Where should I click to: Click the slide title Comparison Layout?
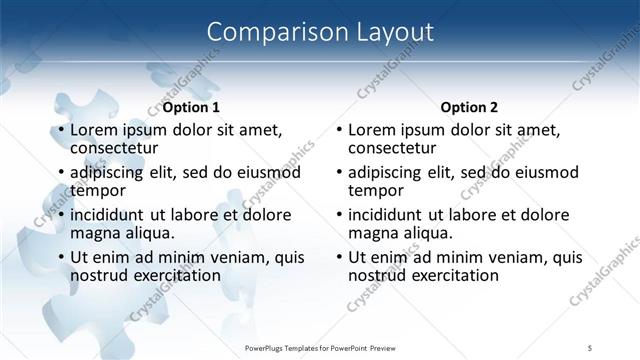click(320, 32)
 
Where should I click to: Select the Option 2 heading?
click(468, 107)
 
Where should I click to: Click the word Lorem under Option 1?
click(96, 129)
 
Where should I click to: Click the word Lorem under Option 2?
click(374, 129)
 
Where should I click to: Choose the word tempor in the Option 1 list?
click(98, 190)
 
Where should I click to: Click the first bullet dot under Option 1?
click(61, 130)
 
